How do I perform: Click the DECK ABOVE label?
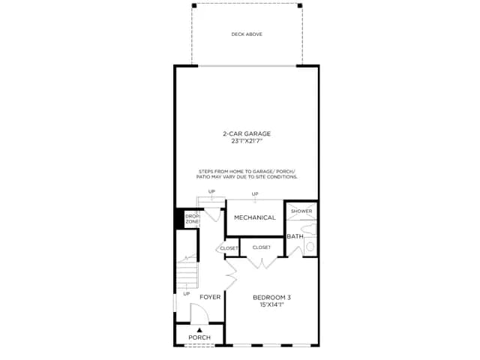pos(247,34)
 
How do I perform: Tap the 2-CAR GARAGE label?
pos(247,133)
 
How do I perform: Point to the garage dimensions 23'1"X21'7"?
pos(247,142)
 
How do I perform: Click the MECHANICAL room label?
pos(255,217)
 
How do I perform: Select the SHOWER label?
pos(301,211)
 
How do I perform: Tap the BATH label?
pos(295,236)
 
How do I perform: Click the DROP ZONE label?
pos(192,219)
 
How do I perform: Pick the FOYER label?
pos(210,297)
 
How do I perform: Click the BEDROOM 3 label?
pos(271,297)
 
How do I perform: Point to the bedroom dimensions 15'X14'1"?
pos(271,304)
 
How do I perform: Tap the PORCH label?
pos(199,337)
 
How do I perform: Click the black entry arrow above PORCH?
pos(199,330)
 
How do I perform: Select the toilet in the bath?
pos(310,247)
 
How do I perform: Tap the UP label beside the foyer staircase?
pos(187,294)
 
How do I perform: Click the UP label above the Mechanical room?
pos(255,193)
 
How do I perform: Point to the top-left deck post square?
pos(194,5)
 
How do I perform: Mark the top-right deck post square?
pos(300,5)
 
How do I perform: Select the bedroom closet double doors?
pos(262,263)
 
